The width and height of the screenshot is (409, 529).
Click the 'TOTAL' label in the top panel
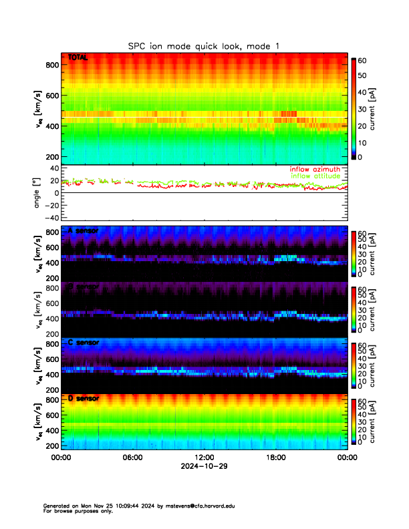(78, 59)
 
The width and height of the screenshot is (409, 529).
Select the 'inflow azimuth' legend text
(315, 169)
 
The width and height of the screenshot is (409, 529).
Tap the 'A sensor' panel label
(83, 230)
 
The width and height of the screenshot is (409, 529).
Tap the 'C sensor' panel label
(83, 343)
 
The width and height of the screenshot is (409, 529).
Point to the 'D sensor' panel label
(83, 399)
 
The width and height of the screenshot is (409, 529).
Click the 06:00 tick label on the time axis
(132, 458)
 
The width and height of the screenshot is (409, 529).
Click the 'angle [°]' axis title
(37, 192)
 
